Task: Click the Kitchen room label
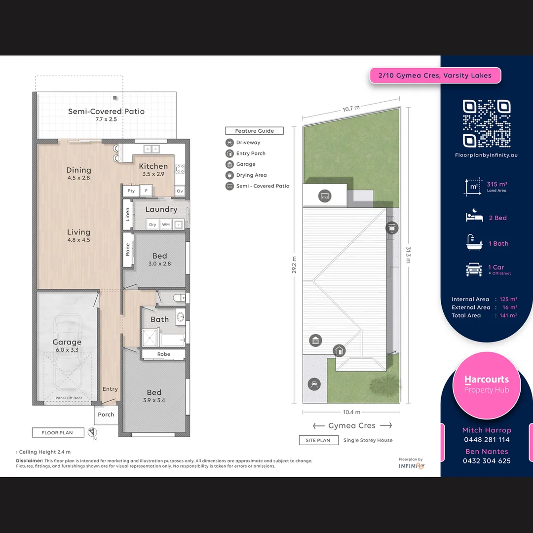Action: click(x=153, y=166)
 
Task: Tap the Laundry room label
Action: click(x=161, y=209)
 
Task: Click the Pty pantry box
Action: click(x=131, y=191)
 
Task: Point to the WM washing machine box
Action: click(x=165, y=225)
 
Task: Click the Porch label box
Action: click(x=106, y=415)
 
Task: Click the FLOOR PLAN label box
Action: click(x=57, y=433)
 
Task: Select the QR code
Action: click(x=486, y=123)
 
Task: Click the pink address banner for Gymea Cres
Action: click(x=435, y=76)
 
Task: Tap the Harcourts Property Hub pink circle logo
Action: click(x=486, y=385)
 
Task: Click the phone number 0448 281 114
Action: click(x=486, y=440)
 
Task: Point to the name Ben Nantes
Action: click(x=486, y=452)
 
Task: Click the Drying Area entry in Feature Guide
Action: click(x=251, y=175)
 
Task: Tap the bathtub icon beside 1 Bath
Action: click(x=474, y=243)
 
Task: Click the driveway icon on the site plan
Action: click(x=314, y=384)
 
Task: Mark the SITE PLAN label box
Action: click(x=318, y=440)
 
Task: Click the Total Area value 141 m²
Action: click(x=508, y=315)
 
